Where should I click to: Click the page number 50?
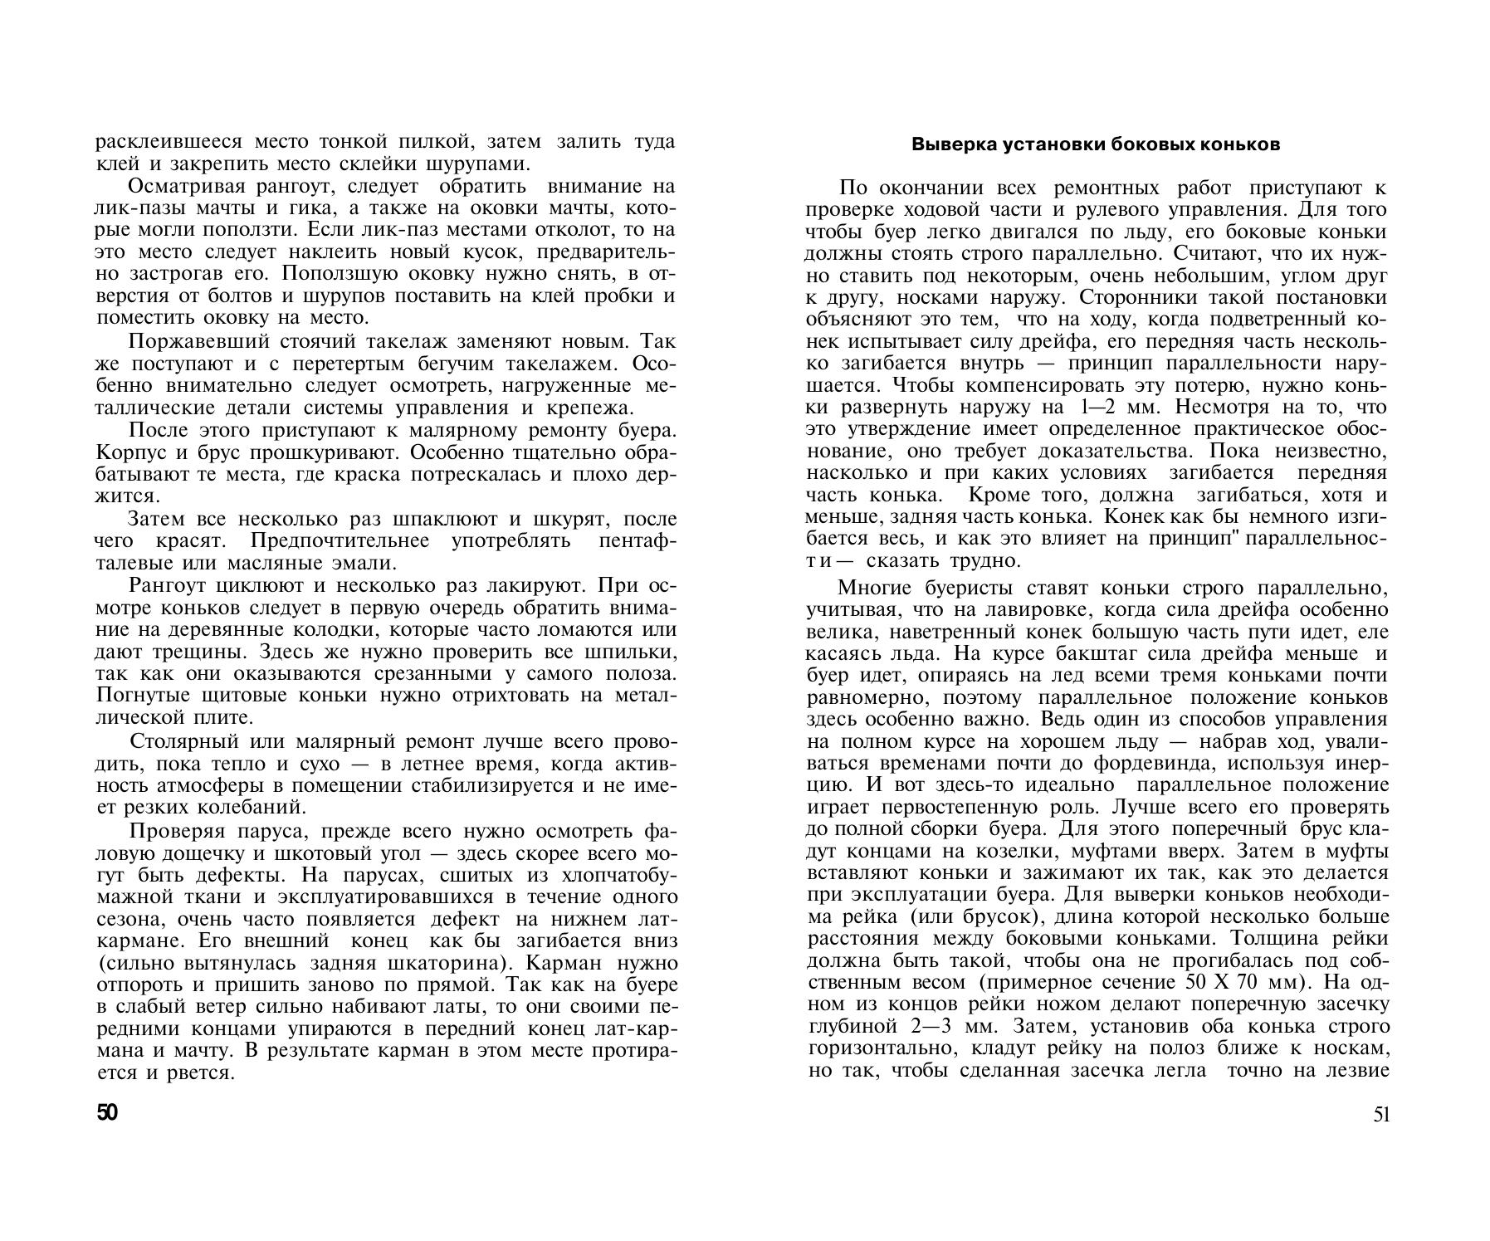pyautogui.click(x=108, y=1112)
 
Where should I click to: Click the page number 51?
pyautogui.click(x=1380, y=1114)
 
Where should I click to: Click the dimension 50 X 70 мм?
pyautogui.click(x=1242, y=981)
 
